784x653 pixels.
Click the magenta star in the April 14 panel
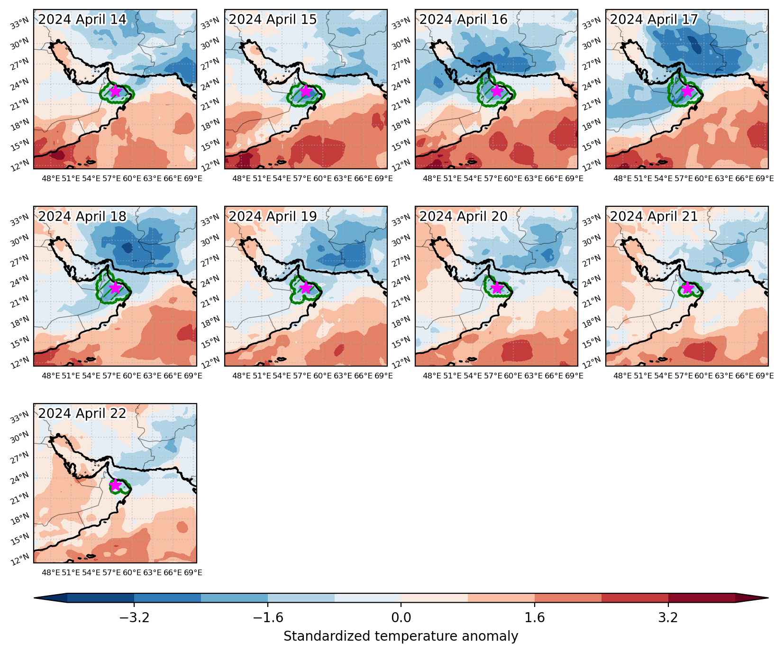115,91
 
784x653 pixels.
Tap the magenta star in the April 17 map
687,91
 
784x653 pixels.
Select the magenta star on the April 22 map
115,485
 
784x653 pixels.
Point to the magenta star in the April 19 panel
306,288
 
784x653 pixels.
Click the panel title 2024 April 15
273,19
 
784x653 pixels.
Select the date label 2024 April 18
82,216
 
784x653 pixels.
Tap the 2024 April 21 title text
654,216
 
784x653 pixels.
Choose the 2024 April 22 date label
82,414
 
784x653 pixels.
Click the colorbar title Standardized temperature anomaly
401,636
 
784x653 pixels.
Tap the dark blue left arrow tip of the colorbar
35,598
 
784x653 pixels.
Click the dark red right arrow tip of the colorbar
767,598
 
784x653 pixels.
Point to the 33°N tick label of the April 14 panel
22,23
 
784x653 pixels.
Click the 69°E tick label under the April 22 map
193,573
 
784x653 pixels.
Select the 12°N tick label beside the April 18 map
22,363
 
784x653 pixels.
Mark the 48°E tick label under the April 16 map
432,178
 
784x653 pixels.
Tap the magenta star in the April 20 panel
496,288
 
